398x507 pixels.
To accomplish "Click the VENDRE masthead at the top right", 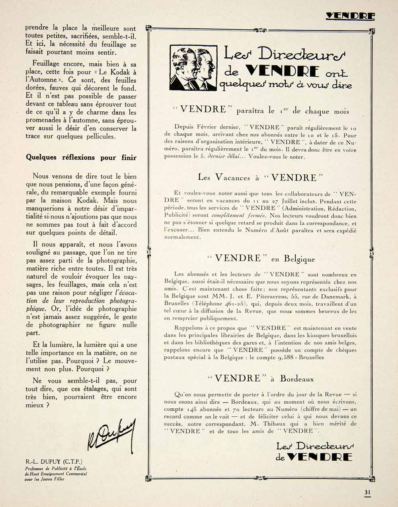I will click(350, 16).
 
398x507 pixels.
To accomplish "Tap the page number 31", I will click(367, 492).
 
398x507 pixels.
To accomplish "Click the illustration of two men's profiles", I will click(193, 68).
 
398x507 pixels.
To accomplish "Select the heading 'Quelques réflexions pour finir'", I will click(81, 157).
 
